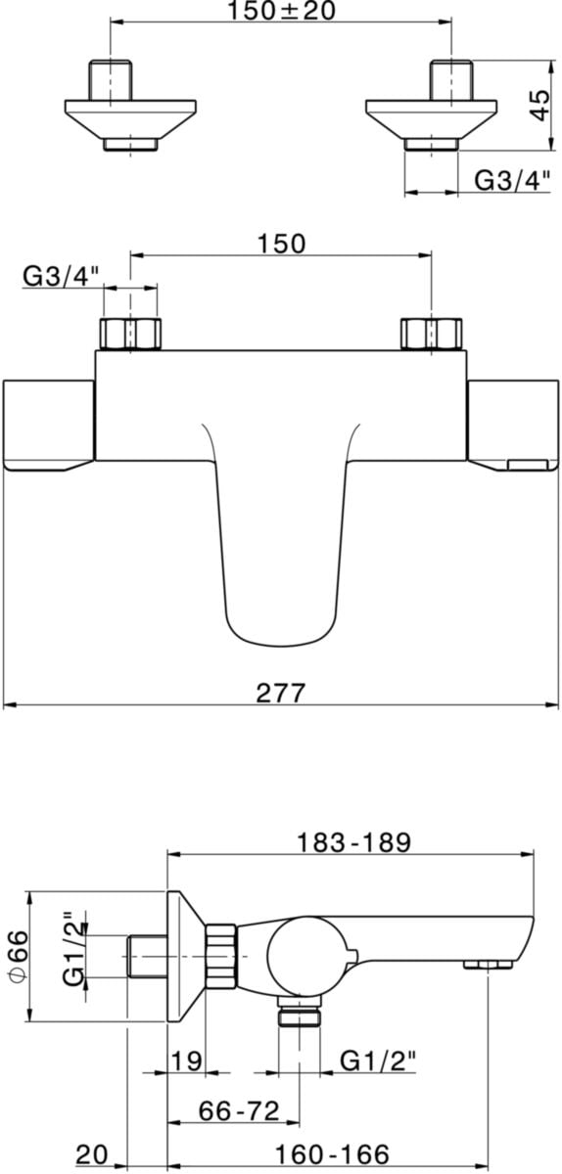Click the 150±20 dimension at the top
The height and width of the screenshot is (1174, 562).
click(x=281, y=11)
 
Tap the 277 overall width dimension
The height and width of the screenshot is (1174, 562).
click(x=281, y=693)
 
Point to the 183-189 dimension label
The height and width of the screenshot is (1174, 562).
click(x=353, y=842)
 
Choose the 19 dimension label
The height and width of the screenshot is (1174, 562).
click(x=186, y=1061)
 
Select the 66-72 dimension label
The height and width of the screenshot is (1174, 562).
click(x=239, y=1111)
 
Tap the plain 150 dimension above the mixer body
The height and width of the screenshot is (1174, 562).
click(x=281, y=244)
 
